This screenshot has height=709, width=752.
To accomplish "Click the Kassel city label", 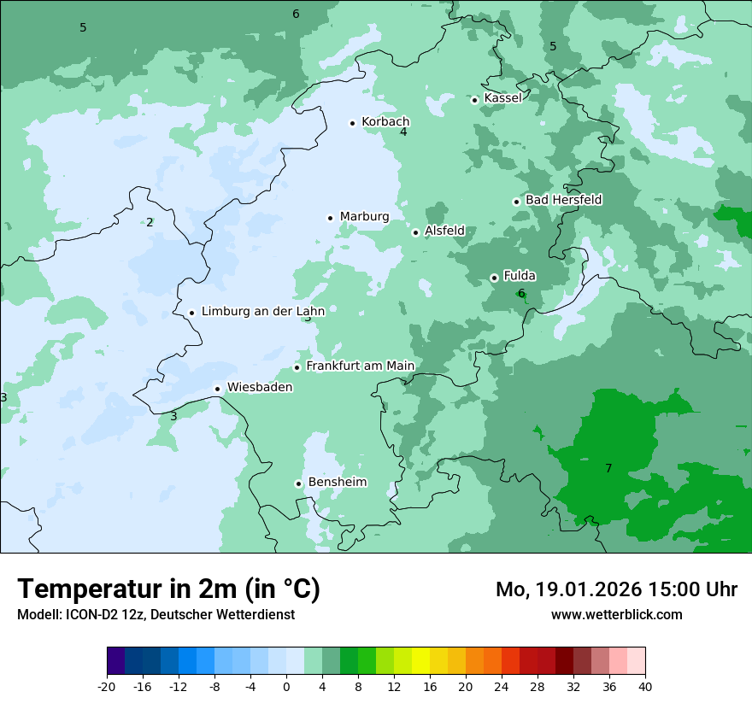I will [502, 98].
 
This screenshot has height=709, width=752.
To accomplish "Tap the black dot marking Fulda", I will [494, 278].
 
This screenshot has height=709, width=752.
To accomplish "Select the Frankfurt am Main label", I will [360, 366].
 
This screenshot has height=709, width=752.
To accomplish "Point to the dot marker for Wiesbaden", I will [218, 389].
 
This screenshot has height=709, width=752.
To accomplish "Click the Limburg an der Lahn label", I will [262, 312].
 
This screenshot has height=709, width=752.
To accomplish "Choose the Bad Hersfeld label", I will [563, 200].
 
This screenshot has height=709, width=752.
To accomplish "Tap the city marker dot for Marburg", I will [330, 218].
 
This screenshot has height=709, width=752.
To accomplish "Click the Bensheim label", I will [337, 483].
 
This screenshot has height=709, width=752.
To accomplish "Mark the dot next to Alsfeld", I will [415, 232].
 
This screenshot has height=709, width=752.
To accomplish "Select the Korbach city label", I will [385, 122].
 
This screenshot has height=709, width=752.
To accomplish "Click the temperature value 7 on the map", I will [608, 468].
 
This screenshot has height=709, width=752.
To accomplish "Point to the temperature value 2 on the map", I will [150, 222].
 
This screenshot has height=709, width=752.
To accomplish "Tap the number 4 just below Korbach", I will [403, 132].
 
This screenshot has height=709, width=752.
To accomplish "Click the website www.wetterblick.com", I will [616, 614].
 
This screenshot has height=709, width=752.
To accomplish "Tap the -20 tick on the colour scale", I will [107, 687].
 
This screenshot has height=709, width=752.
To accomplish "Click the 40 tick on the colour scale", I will [645, 687].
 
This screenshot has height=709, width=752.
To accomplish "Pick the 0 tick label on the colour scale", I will [286, 687].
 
